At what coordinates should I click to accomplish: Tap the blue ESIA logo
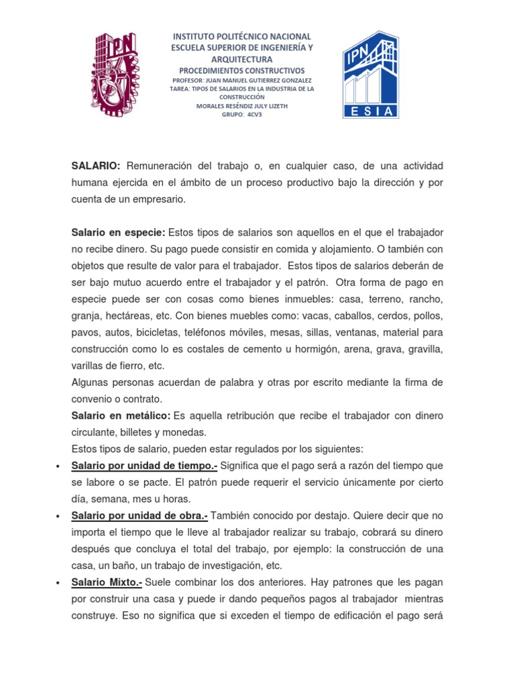[370, 74]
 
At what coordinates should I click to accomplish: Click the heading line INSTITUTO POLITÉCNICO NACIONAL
[242, 36]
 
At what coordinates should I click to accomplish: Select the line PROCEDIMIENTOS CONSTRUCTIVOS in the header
[242, 70]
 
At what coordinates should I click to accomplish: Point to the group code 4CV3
[255, 114]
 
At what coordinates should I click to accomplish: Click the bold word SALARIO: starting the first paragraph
[95, 166]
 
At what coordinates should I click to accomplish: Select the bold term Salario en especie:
[118, 232]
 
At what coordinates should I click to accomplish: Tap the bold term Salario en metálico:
[121, 416]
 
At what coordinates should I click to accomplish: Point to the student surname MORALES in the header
[212, 105]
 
